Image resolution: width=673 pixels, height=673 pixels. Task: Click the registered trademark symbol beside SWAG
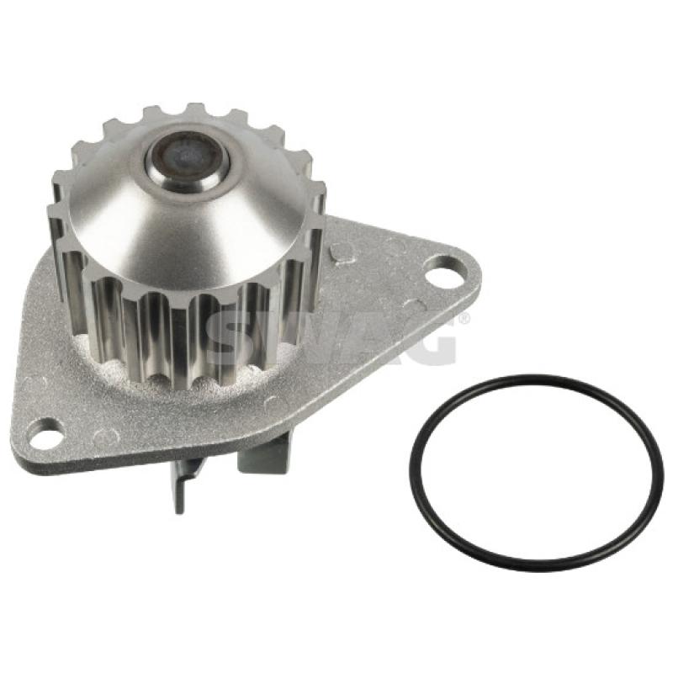pos(464,319)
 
